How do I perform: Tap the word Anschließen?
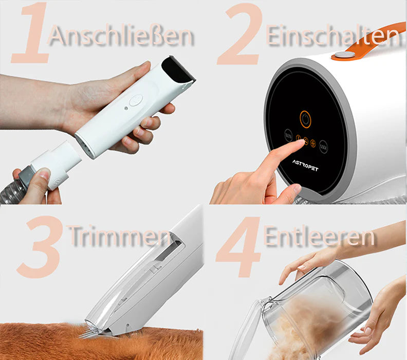click(121, 35)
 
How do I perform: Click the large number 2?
click(240, 34)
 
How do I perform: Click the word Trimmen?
click(120, 236)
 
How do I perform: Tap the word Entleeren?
click(319, 236)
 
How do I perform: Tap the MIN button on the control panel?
click(288, 135)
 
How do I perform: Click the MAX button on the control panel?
click(323, 147)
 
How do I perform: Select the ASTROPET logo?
click(305, 166)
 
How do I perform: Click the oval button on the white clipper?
click(136, 100)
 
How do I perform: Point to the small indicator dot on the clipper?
click(126, 108)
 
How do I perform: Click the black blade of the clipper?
click(179, 69)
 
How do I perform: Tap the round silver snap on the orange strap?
click(344, 55)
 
